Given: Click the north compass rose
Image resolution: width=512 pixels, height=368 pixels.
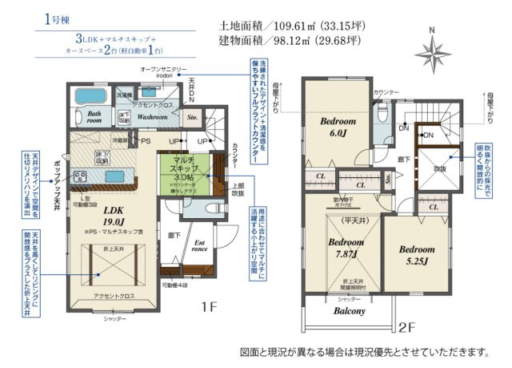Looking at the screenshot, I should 433,53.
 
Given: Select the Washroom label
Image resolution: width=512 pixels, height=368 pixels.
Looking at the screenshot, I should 151,117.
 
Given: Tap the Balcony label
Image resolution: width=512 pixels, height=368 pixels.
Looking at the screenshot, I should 349,310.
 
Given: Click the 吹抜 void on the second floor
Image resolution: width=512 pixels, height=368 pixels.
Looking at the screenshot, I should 438,171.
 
